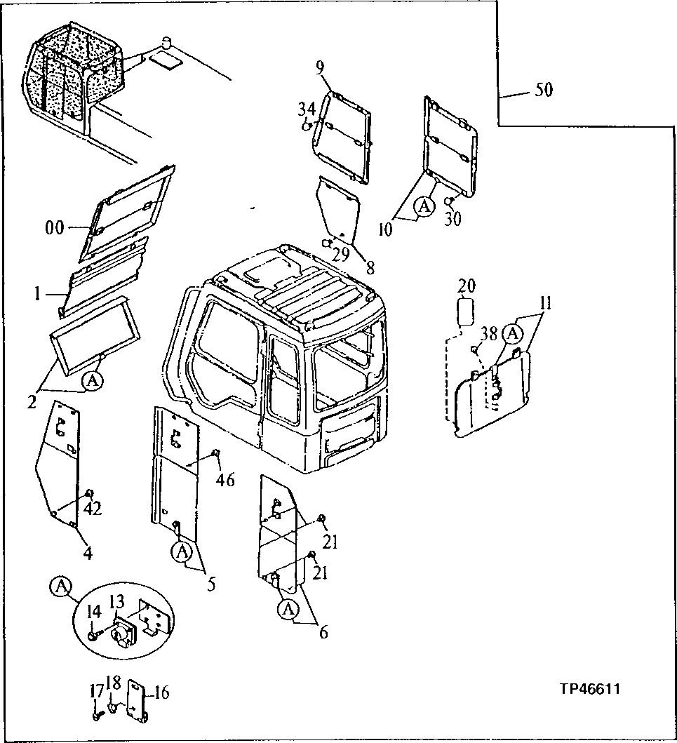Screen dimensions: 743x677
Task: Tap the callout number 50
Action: [x=544, y=90]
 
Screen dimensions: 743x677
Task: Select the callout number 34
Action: [x=306, y=109]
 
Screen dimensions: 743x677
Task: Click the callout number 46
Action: [x=225, y=480]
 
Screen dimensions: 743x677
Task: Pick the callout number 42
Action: [x=92, y=508]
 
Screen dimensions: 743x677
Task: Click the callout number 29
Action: [x=340, y=253]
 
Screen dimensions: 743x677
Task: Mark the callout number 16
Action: [x=161, y=694]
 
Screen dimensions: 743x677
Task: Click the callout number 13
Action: [x=116, y=601]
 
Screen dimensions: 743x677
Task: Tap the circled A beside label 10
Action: [x=422, y=206]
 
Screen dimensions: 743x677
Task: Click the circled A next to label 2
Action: [x=91, y=380]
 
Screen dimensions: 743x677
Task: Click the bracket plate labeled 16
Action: [x=135, y=704]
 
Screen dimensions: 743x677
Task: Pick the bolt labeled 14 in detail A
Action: [x=93, y=635]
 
